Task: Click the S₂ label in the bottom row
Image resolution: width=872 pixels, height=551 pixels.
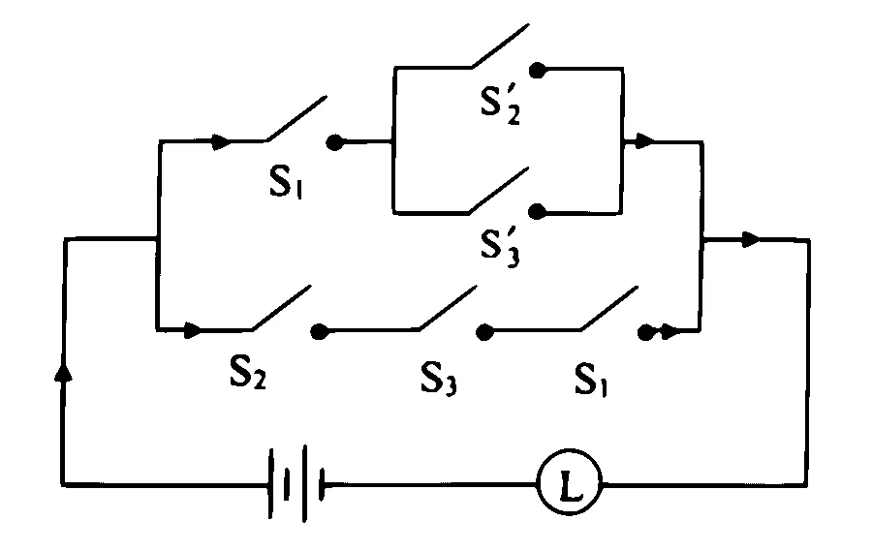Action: coord(247,372)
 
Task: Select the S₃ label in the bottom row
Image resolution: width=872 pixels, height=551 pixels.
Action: coord(438,378)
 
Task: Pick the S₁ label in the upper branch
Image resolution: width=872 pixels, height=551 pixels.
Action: coord(286,181)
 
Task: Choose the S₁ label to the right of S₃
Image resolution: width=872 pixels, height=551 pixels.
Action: coord(591,380)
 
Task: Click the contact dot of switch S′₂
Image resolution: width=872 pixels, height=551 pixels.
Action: coord(537,70)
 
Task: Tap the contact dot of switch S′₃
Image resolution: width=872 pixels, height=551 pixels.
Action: coord(537,212)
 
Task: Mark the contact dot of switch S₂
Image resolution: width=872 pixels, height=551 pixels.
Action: coord(319,331)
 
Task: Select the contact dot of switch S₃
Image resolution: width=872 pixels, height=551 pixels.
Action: coord(484,332)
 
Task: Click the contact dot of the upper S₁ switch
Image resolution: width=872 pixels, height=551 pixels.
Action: coord(334,142)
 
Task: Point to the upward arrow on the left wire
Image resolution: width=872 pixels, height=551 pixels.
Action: coord(64,371)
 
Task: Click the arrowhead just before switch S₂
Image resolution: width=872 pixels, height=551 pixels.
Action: coord(193,329)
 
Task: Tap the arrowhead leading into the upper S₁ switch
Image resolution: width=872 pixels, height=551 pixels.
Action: coord(221,141)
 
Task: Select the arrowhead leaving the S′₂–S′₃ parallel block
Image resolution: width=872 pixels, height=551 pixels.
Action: coord(644,141)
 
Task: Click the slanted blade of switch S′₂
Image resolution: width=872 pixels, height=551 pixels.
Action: coord(501,46)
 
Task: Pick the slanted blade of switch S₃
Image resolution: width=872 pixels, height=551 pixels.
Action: coord(449,308)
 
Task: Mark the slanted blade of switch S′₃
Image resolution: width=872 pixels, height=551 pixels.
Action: coord(499,190)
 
